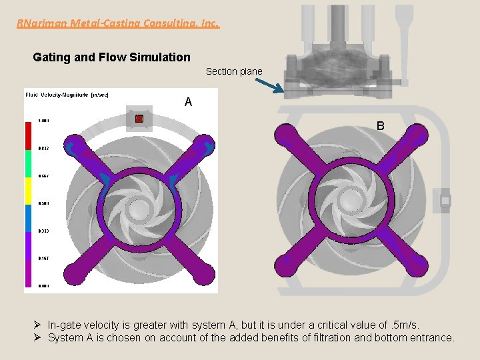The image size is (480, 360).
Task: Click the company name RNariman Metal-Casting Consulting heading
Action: pyautogui.click(x=117, y=23)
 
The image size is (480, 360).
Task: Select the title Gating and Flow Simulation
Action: pyautogui.click(x=111, y=57)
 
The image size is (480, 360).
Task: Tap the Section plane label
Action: pyautogui.click(x=234, y=71)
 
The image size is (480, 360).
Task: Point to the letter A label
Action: pyautogui.click(x=188, y=102)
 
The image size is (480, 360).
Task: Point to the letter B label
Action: pyautogui.click(x=380, y=125)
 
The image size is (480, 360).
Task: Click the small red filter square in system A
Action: pyautogui.click(x=139, y=119)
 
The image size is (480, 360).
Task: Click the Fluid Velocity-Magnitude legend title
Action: pyautogui.click(x=67, y=95)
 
